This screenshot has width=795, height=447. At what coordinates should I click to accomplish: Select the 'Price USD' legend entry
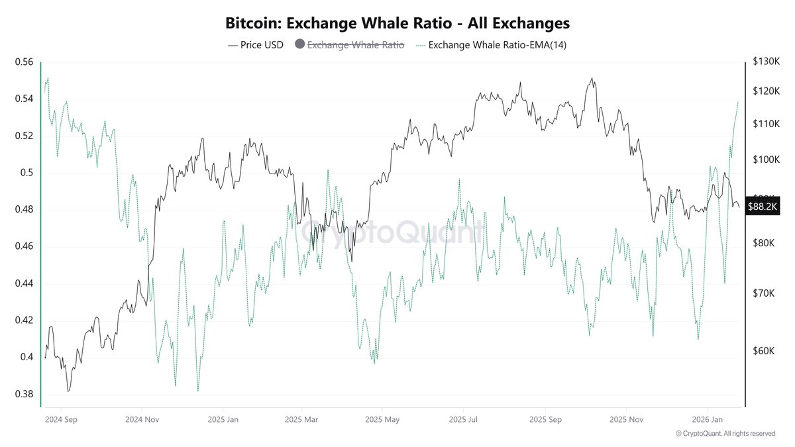[x=255, y=45]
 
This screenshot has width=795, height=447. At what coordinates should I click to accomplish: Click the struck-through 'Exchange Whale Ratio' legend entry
[x=355, y=45]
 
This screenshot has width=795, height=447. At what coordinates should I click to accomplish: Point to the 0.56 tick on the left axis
[x=24, y=62]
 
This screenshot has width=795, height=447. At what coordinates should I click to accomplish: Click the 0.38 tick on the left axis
[x=24, y=394]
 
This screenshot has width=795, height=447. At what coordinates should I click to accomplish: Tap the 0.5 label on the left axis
[x=26, y=173]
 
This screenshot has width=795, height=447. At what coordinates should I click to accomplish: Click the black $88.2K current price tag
[x=763, y=207]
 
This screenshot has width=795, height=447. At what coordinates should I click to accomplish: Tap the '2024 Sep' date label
[x=60, y=419]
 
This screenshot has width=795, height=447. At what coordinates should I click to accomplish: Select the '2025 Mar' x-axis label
[x=301, y=419]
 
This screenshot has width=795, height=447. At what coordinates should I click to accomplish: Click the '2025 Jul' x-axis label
[x=463, y=419]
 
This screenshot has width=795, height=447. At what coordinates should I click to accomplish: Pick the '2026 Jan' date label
[x=707, y=419]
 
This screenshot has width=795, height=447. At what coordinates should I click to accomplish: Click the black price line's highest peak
[x=592, y=78]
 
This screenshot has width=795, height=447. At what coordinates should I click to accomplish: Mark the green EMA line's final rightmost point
[x=738, y=102]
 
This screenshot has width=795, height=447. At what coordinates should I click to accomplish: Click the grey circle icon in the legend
[x=299, y=45]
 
